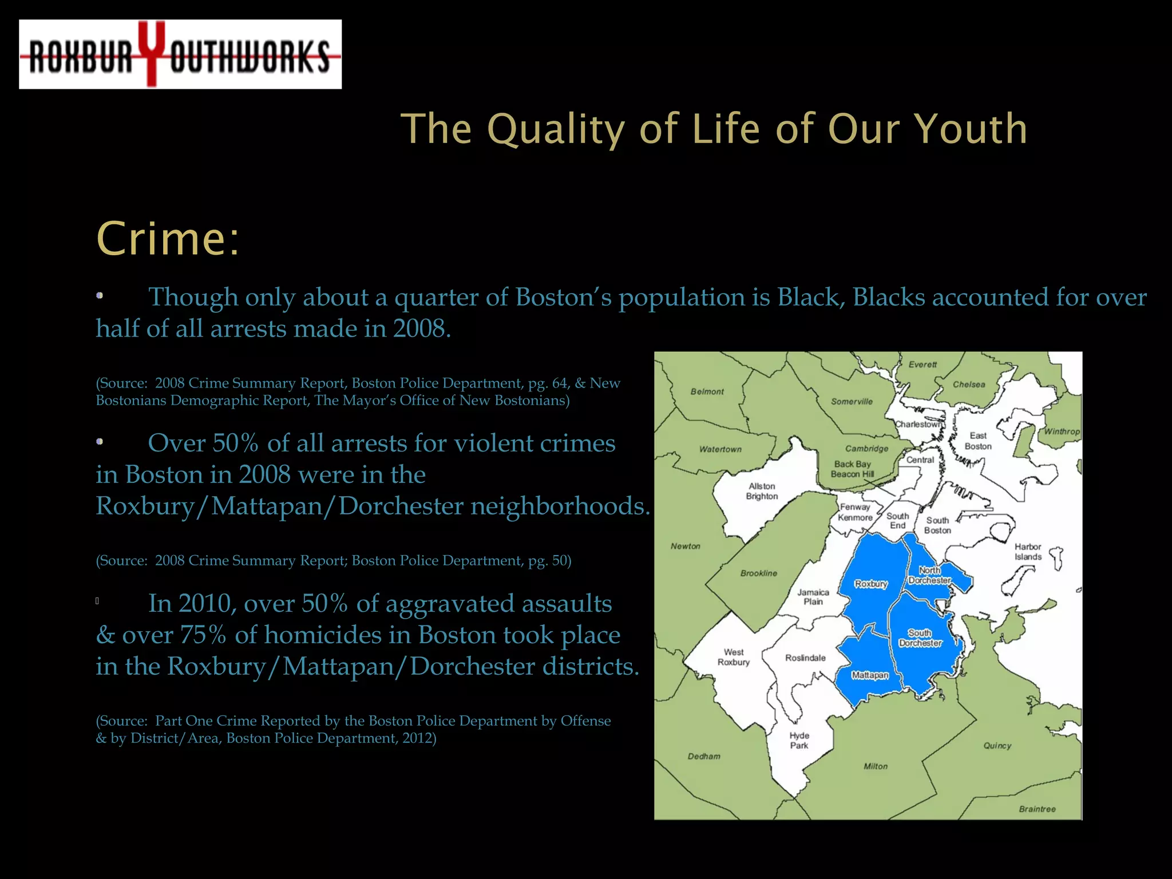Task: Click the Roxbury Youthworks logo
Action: click(x=180, y=54)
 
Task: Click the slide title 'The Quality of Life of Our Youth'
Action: click(x=714, y=129)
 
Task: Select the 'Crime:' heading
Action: click(x=168, y=239)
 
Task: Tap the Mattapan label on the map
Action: click(x=870, y=675)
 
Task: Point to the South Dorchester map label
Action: click(x=920, y=638)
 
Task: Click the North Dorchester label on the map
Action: click(x=929, y=575)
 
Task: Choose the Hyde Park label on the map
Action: click(x=799, y=740)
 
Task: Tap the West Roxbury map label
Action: click(x=734, y=657)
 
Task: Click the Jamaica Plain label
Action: click(x=813, y=597)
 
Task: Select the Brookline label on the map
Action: click(x=759, y=573)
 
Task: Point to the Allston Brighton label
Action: click(x=762, y=491)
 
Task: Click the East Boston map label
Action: click(x=978, y=441)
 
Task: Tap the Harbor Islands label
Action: click(x=1028, y=552)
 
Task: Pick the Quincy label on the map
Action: click(x=997, y=746)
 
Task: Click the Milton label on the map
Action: click(x=876, y=766)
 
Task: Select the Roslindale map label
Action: click(x=805, y=658)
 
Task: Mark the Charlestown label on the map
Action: click(x=918, y=424)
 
